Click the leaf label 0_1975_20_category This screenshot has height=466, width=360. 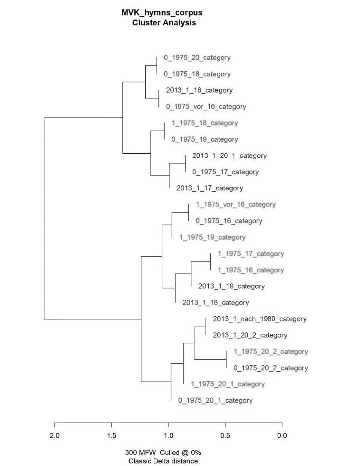click(197, 58)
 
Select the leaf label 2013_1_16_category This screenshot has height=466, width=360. click(199, 90)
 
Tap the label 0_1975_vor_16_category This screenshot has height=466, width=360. click(206, 107)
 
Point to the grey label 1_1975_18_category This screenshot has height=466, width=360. click(205, 123)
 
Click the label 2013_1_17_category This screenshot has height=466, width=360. click(210, 188)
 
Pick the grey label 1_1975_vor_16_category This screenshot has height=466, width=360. click(236, 205)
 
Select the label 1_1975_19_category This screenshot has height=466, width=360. click(212, 238)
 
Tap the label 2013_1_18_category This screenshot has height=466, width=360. click(216, 303)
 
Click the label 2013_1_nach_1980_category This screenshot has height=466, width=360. click(260, 319)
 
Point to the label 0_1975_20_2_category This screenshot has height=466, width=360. click(270, 368)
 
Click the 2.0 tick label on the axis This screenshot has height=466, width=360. click(55, 435)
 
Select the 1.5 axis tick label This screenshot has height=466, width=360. click(112, 435)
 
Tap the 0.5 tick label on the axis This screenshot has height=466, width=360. click(225, 435)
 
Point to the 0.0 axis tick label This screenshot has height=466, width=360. click(282, 435)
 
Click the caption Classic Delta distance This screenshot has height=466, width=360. click(163, 461)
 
